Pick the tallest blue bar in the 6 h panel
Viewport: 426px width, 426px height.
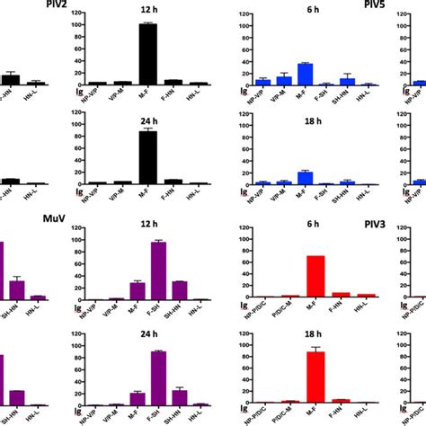305,74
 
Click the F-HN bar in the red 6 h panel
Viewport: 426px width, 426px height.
336,294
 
